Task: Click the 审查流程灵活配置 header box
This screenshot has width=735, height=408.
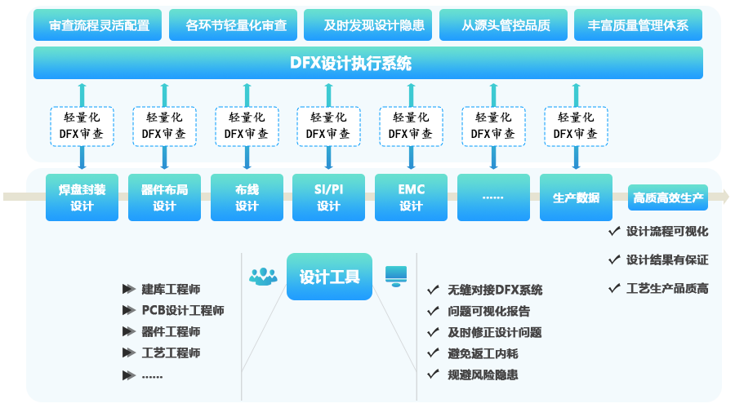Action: [99, 25]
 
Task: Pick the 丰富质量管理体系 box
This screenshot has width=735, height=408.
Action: [638, 25]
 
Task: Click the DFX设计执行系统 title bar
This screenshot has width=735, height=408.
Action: [367, 64]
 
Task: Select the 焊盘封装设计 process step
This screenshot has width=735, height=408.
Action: [82, 197]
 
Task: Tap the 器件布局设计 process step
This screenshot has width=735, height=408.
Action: [164, 197]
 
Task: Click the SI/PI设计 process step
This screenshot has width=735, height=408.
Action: [328, 197]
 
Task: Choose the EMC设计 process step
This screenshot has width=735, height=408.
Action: [411, 197]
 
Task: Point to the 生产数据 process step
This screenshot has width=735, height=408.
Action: [576, 197]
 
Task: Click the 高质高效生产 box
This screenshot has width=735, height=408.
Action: [668, 198]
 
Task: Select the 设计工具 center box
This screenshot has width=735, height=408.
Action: [329, 277]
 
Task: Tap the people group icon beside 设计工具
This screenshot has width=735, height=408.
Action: [263, 277]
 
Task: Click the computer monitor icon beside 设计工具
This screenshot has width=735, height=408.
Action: [396, 276]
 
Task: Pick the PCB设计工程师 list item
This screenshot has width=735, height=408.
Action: [182, 311]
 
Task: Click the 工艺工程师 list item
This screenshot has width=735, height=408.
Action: [171, 353]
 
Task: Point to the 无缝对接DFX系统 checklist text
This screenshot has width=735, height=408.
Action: [495, 290]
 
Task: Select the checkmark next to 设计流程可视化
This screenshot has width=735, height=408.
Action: [614, 231]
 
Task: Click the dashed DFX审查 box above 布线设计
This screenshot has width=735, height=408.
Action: [246, 126]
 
